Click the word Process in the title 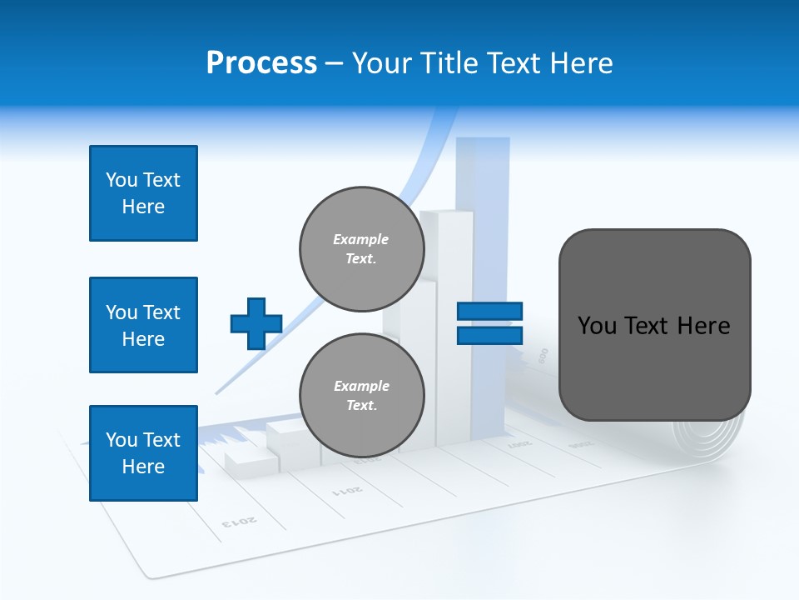click(x=261, y=62)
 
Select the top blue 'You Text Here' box click(x=143, y=193)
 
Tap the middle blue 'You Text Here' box click(x=143, y=325)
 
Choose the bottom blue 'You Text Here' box click(x=143, y=453)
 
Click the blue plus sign click(x=256, y=323)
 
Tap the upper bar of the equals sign click(x=490, y=311)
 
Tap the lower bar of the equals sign click(x=490, y=335)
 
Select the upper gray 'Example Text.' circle click(x=362, y=249)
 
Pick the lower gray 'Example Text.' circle click(x=362, y=396)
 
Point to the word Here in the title click(x=579, y=63)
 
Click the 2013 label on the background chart click(x=239, y=522)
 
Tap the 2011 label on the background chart click(x=348, y=488)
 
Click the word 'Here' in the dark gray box click(x=703, y=325)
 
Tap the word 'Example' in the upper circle click(x=360, y=239)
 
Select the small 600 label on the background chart click(x=543, y=355)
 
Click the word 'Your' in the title click(x=380, y=63)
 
